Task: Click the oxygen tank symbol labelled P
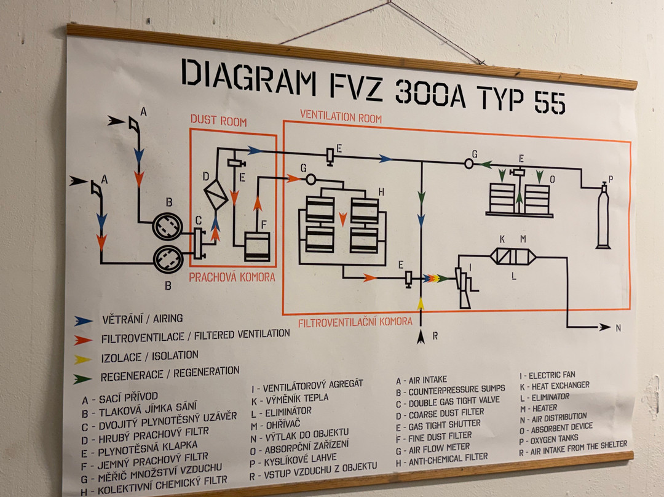pyautogui.click(x=603, y=218)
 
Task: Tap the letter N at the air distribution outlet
pyautogui.click(x=618, y=328)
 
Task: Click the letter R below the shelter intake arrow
pyautogui.click(x=434, y=336)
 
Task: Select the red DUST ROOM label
pyautogui.click(x=218, y=121)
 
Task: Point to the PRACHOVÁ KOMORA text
pyautogui.click(x=232, y=277)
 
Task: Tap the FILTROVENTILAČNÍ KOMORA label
pyautogui.click(x=355, y=322)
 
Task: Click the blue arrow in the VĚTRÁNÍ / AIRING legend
pyautogui.click(x=83, y=320)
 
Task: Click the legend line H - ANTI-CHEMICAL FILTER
pyautogui.click(x=442, y=458)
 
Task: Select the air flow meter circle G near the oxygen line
pyautogui.click(x=469, y=164)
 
